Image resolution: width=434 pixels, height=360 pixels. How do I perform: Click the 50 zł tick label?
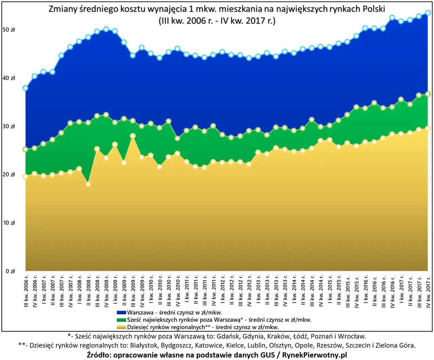(x=9, y=30)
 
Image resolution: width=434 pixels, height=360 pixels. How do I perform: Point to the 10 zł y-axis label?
(x=9, y=223)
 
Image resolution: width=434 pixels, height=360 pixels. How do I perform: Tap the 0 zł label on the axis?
(x=10, y=271)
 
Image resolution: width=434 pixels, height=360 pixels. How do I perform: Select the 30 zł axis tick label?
(x=9, y=126)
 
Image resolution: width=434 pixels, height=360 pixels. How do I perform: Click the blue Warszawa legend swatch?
(x=121, y=312)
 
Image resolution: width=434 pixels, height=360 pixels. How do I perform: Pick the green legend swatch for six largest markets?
(x=121, y=320)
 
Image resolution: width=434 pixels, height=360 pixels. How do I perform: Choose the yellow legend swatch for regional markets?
(x=121, y=327)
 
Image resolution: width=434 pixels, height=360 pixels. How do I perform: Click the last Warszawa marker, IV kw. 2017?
(x=428, y=13)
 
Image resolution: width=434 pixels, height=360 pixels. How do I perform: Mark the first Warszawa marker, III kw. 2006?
(x=25, y=88)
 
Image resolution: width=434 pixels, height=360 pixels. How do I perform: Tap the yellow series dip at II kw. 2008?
(x=88, y=184)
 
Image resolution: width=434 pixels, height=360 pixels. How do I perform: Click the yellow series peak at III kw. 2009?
(x=133, y=136)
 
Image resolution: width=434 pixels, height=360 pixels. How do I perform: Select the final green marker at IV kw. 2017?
(x=428, y=94)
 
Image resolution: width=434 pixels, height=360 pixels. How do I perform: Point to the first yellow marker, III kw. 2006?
(x=25, y=176)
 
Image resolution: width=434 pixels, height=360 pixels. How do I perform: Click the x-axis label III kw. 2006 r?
(x=26, y=291)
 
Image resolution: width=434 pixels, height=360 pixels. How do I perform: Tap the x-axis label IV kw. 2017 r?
(x=428, y=291)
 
